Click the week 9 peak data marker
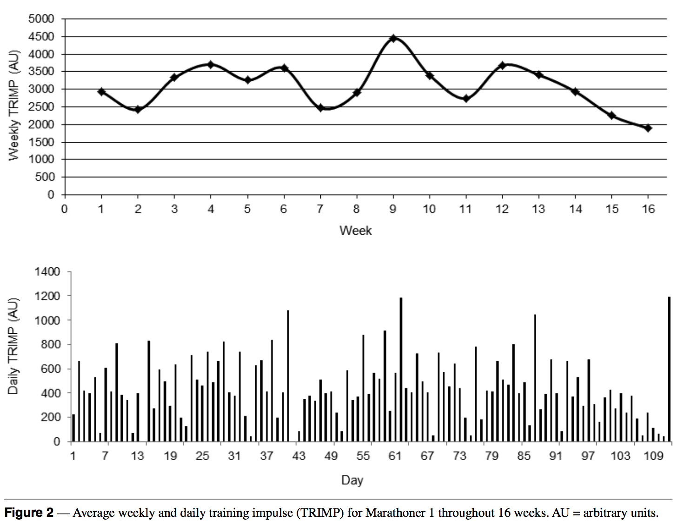(x=393, y=38)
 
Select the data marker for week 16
(x=648, y=128)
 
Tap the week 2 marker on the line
(x=138, y=109)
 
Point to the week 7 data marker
(x=320, y=108)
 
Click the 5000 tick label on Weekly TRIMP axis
(x=41, y=19)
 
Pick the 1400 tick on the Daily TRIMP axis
(x=47, y=271)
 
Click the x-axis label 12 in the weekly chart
(x=502, y=209)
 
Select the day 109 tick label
(x=653, y=455)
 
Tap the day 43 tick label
(x=299, y=455)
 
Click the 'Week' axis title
(x=355, y=231)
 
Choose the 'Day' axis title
(x=352, y=480)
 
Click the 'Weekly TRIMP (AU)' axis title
(x=14, y=105)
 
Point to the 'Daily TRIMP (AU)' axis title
(x=13, y=346)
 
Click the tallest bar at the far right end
(x=669, y=369)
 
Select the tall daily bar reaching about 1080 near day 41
(x=288, y=376)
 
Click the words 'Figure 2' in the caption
(x=29, y=513)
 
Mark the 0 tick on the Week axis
(x=64, y=209)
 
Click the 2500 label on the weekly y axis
(x=41, y=107)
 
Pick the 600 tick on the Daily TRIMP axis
(x=50, y=369)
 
